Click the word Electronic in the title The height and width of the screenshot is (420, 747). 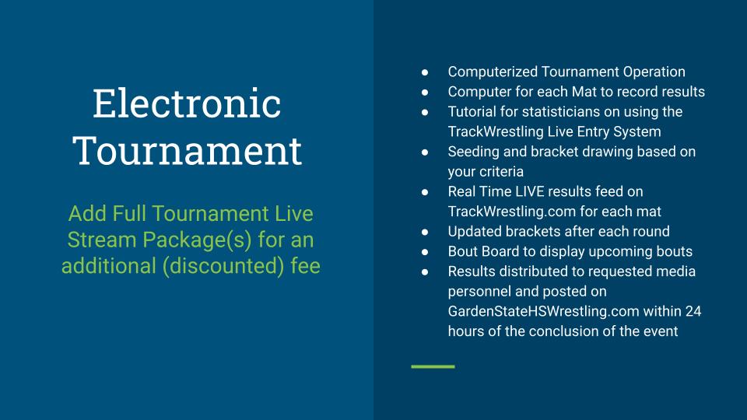coord(187,103)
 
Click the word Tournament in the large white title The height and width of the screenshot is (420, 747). coord(188,150)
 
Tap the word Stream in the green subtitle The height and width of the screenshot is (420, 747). coord(102,240)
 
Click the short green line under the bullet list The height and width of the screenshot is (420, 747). coord(433,366)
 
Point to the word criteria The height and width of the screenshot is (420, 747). coord(502,171)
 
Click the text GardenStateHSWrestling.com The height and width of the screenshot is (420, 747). coord(544,311)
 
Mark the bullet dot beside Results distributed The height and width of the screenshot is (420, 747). coord(425,272)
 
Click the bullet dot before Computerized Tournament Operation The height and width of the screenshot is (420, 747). coord(425,72)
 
